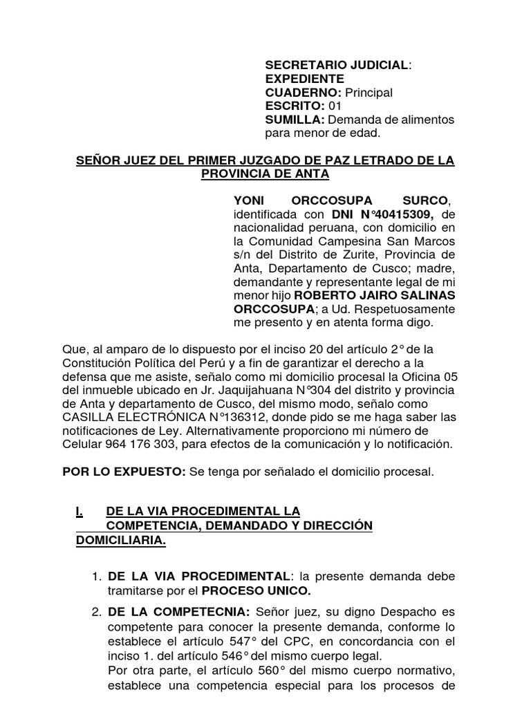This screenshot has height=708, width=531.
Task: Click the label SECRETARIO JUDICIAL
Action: (x=337, y=65)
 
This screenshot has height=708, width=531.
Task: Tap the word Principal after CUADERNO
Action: (x=369, y=93)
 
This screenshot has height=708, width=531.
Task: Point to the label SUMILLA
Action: (x=290, y=120)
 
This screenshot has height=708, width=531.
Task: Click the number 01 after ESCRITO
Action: (x=335, y=106)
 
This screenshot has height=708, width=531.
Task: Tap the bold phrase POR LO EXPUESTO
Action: (x=123, y=472)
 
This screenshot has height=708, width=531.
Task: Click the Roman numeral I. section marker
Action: (x=80, y=512)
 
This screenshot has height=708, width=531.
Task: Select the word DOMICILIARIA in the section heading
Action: (x=120, y=539)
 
